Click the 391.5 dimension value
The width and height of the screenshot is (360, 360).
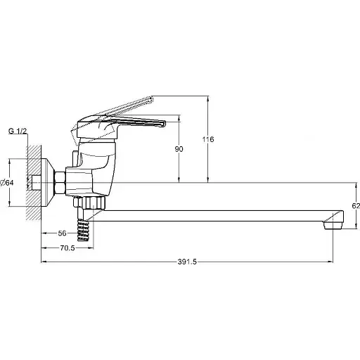point(187,262)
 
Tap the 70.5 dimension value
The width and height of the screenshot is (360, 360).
point(67,248)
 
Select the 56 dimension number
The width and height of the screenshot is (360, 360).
point(62,233)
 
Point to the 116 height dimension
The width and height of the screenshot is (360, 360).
point(208,139)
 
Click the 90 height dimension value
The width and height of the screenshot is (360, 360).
point(179,149)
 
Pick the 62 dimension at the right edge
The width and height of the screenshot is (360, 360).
point(356,206)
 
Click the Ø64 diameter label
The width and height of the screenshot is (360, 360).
point(7,183)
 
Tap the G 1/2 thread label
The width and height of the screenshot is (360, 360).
point(18,131)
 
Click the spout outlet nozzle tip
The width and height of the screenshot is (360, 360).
point(333,225)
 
